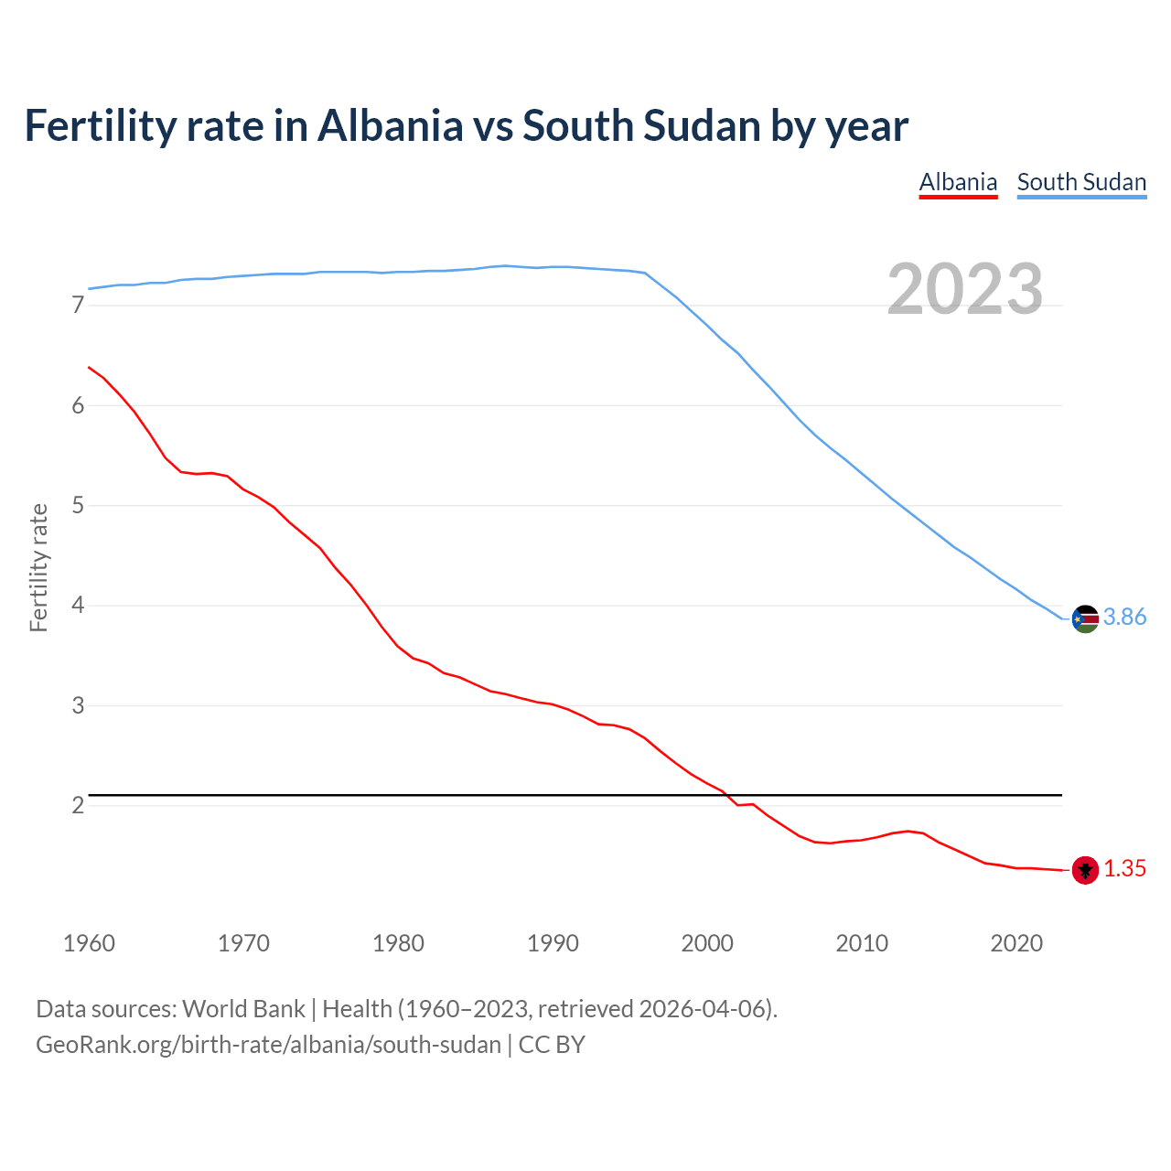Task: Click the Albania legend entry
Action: tap(958, 182)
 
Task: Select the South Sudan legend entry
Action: tap(1081, 182)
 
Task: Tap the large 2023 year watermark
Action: tap(965, 289)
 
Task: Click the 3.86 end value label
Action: tap(1124, 618)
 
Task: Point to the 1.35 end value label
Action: tap(1124, 869)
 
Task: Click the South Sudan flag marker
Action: tap(1085, 619)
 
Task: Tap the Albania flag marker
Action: tap(1085, 870)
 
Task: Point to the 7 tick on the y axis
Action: tap(78, 306)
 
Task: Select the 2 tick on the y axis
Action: tap(78, 806)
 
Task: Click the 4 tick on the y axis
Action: tap(78, 606)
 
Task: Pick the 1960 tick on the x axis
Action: tap(89, 943)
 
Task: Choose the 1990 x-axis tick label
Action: tap(553, 943)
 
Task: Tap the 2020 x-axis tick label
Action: tap(1016, 943)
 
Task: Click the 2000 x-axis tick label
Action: tap(707, 943)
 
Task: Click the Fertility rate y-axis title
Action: tap(38, 567)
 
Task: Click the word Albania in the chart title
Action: tap(391, 126)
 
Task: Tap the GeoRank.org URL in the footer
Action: tap(268, 1045)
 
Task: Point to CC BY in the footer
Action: tap(552, 1045)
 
